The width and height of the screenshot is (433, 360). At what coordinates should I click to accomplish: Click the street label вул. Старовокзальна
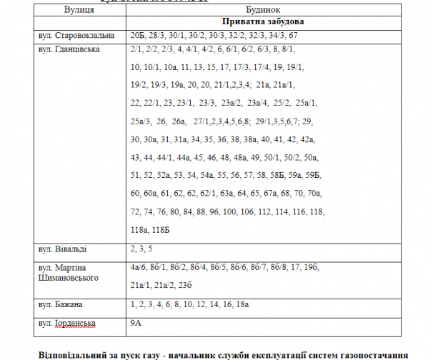[x=74, y=35]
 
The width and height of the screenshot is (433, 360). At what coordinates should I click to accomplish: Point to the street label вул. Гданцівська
[x=69, y=49]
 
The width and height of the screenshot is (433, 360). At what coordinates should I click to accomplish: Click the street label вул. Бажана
[x=61, y=304]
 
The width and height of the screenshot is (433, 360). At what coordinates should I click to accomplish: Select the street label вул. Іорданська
[x=67, y=323]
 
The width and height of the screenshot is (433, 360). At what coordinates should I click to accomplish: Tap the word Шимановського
[x=69, y=277]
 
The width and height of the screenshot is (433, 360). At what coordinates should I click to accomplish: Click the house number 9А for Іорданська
[x=137, y=323]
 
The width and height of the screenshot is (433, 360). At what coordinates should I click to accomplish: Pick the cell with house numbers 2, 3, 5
[x=141, y=249]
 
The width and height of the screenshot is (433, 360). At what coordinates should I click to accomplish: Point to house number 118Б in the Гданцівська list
[x=162, y=229]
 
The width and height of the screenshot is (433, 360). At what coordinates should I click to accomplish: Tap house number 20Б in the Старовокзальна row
[x=139, y=35]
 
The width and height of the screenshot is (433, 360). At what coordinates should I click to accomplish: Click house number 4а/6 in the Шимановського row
[x=139, y=268]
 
